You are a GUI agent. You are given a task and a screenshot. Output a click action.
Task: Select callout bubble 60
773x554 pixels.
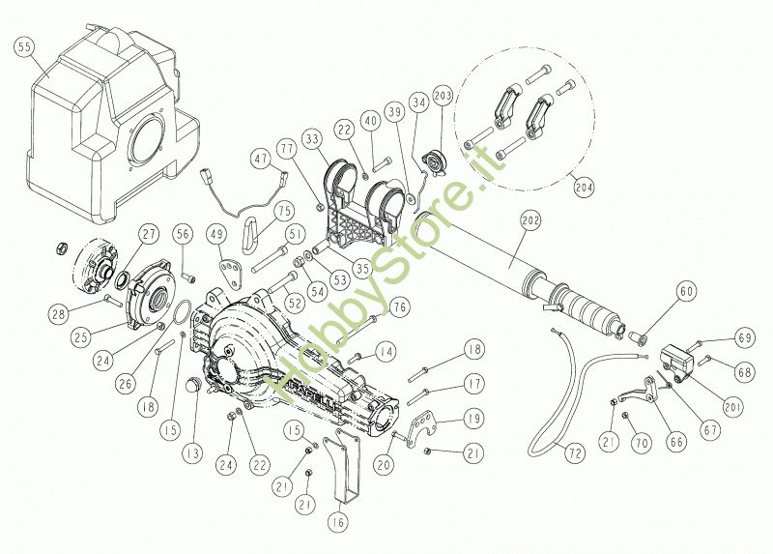click(685, 291)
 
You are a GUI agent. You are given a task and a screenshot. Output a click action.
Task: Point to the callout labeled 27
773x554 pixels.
click(148, 233)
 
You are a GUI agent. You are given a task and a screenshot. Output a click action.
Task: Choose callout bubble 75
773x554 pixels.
click(282, 210)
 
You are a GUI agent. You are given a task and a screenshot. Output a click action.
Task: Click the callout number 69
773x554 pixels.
click(744, 337)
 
